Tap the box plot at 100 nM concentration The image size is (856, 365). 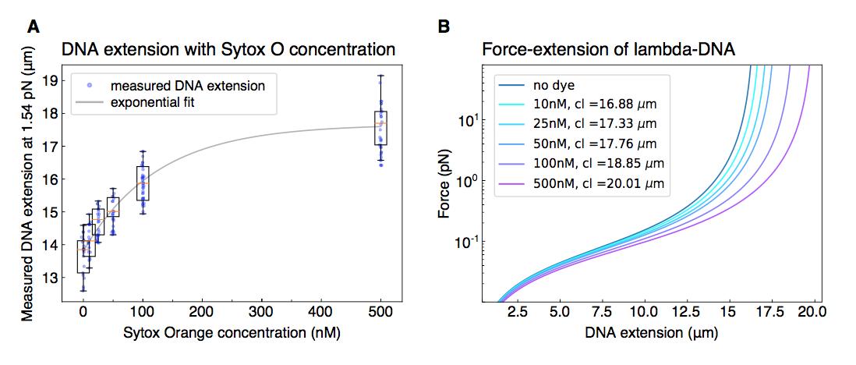point(143,183)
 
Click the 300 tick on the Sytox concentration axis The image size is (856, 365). point(262,311)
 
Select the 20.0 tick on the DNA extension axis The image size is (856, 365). point(812,311)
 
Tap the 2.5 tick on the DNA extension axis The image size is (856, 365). point(518,311)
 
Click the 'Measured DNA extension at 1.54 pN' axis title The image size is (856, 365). point(28,182)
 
